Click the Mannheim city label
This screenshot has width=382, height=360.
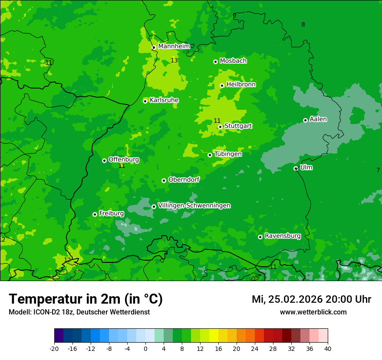click(174, 46)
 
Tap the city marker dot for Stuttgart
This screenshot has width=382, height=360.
click(220, 127)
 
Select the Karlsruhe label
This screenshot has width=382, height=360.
click(164, 100)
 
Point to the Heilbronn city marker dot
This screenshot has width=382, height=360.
click(222, 85)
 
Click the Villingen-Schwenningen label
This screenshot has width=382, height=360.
click(194, 206)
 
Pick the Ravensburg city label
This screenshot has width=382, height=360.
click(282, 236)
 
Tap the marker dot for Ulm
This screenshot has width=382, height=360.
click(296, 168)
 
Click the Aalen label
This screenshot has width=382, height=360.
click(318, 119)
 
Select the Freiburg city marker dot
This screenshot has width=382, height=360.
click(95, 214)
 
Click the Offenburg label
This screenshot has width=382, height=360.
click(123, 160)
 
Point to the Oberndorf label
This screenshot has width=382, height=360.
click(184, 180)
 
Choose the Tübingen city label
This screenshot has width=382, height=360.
click(227, 154)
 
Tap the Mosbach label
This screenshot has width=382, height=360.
click(233, 61)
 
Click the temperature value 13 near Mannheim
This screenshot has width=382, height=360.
click(174, 60)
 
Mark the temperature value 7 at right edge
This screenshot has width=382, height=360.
click(378, 170)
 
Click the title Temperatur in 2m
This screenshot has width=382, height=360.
click(86, 299)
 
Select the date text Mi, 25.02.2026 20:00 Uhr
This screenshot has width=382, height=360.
click(311, 299)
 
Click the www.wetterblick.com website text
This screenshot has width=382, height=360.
click(313, 312)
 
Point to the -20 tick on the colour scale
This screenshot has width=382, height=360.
click(54, 348)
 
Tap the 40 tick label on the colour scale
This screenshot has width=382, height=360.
click(328, 348)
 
